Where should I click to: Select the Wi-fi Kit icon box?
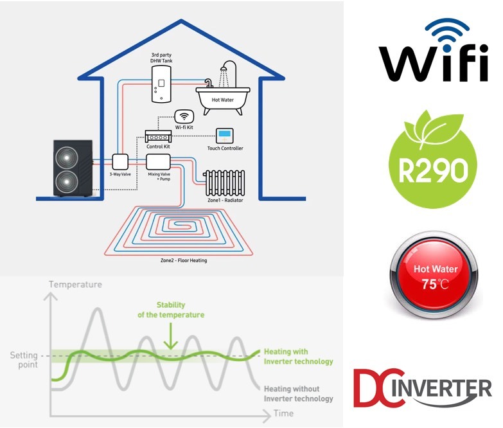185,117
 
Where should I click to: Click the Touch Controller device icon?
225,136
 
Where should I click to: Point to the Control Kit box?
158,137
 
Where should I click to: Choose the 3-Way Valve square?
120,162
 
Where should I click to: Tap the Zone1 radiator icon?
224,183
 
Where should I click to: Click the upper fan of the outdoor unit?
67,157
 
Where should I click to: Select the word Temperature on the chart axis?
75,284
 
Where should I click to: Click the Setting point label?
24,359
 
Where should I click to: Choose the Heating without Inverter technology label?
299,393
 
